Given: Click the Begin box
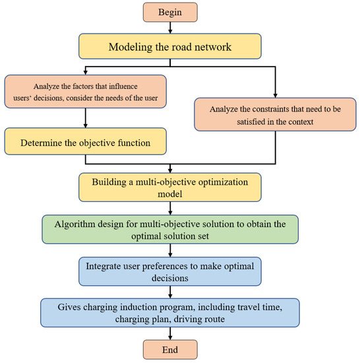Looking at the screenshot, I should click(171, 13).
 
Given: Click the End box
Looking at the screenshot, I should click(171, 348).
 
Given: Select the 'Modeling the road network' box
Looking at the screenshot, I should click(171, 47).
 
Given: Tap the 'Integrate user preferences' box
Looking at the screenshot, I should click(171, 270).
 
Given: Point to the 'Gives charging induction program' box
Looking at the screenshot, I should click(171, 312).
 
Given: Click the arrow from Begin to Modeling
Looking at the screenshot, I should click(171, 28).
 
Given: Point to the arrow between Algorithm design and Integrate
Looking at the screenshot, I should click(171, 249).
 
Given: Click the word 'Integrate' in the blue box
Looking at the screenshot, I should click(105, 264).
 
